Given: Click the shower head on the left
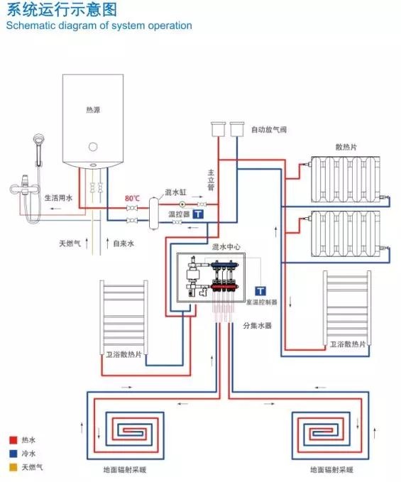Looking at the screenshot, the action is tap(38, 139).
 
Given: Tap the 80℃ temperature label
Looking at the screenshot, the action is tap(133, 198).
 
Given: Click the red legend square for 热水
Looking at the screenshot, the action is tap(13, 440).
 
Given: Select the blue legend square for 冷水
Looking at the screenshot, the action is tap(13, 454).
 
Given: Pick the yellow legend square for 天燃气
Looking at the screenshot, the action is tap(13, 467).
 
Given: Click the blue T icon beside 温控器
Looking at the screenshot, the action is tap(198, 214).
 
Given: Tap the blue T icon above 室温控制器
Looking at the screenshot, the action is tap(260, 291).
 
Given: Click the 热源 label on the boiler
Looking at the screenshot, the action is tap(93, 110).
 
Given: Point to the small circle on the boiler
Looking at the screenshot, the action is tap(93, 147).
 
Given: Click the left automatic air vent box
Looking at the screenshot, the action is tap(218, 129).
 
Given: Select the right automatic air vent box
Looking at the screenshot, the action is tap(237, 129).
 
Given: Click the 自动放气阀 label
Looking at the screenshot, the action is tap(269, 129).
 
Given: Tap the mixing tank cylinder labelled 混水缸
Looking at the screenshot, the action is tap(153, 214).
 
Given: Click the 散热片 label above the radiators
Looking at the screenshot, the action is tap(346, 147).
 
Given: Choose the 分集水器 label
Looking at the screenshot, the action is tap(257, 326).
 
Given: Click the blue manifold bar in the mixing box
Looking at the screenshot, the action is tap(224, 264).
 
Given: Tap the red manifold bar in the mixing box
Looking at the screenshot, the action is tap(224, 287).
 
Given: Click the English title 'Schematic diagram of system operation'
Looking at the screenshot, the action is tap(99, 26).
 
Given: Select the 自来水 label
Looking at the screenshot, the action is tap(123, 243).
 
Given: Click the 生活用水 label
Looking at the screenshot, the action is tap(58, 197).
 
